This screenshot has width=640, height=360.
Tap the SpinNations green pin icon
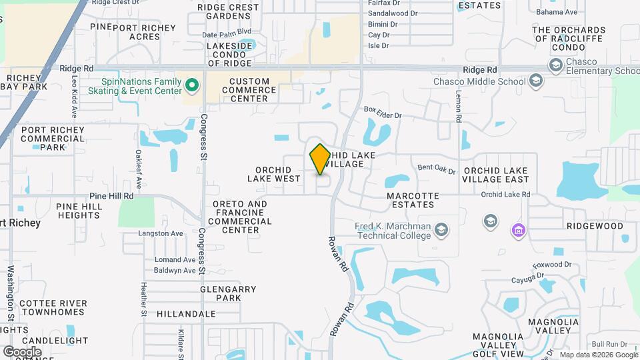[x=193, y=85]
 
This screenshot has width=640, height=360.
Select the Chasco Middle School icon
[x=535, y=81]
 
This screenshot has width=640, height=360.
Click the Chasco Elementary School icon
[x=555, y=65]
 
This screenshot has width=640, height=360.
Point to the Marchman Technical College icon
[x=441, y=231]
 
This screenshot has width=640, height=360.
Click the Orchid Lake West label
[x=273, y=174]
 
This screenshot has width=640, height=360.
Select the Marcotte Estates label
[x=413, y=200]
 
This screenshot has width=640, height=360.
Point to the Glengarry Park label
[x=229, y=293]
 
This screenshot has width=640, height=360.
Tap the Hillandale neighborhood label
[x=187, y=313]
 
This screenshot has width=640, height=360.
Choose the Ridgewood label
[x=595, y=226]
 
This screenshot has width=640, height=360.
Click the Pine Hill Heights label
[x=79, y=211]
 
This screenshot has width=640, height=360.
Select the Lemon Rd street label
[x=459, y=107]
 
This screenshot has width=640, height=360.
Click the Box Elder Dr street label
[x=383, y=115]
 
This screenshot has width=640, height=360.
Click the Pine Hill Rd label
[x=112, y=197]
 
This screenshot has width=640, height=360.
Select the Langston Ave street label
[x=160, y=233]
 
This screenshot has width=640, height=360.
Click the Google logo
[x=22, y=351]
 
